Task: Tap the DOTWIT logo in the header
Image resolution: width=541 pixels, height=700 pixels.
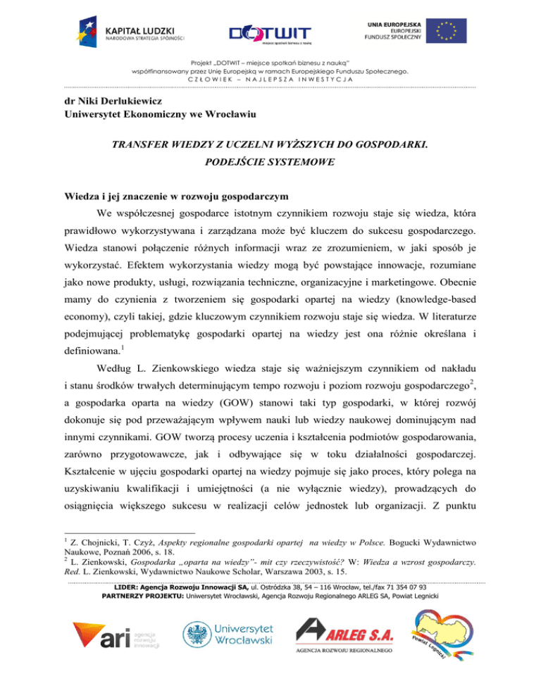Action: [270, 35]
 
